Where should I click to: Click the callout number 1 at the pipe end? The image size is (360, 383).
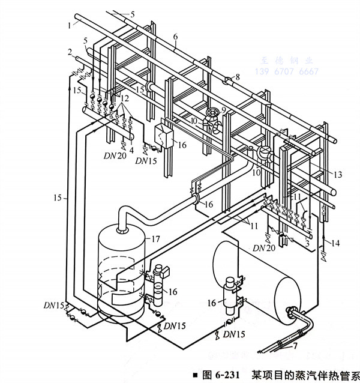(70, 25)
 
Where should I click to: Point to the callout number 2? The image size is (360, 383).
(70, 51)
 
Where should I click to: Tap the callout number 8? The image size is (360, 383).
(237, 76)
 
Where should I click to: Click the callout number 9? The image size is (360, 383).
(224, 109)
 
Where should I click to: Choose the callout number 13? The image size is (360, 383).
(338, 174)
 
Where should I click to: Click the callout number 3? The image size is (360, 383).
(307, 244)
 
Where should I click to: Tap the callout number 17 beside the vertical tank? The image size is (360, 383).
(155, 239)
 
